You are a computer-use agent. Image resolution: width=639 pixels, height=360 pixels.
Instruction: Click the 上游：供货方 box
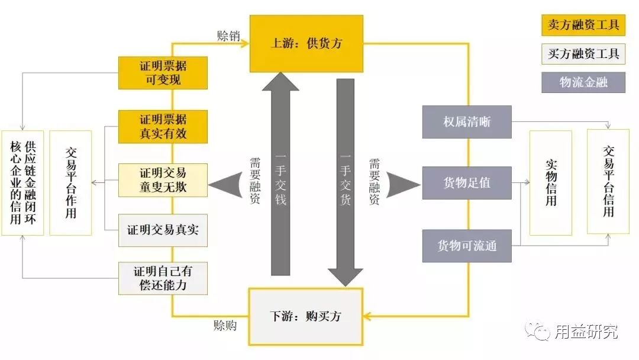point(306,44)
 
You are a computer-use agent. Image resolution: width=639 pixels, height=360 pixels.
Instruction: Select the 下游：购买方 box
point(306,316)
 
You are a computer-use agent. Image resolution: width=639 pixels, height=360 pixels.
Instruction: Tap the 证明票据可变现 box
point(163,72)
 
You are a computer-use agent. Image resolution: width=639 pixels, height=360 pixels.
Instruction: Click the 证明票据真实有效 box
point(163,126)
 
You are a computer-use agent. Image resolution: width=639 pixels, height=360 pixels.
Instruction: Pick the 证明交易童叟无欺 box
point(163,180)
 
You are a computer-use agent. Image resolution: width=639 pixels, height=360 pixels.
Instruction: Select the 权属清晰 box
point(467,123)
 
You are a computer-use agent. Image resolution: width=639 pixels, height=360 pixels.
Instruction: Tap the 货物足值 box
point(467,182)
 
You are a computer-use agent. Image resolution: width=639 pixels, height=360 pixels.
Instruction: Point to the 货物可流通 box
point(467,246)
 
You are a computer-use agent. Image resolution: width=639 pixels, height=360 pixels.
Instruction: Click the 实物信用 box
point(551,182)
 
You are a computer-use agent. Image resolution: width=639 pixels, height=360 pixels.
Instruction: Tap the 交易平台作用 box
point(70,182)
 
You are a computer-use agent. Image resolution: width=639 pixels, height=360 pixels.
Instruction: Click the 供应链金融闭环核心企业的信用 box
point(22,182)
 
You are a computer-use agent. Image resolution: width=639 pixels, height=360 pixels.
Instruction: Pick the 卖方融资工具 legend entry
point(583,25)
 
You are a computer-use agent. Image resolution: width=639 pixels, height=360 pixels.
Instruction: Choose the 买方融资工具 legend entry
point(583,54)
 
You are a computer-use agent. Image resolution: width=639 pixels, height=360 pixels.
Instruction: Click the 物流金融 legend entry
point(583,82)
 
